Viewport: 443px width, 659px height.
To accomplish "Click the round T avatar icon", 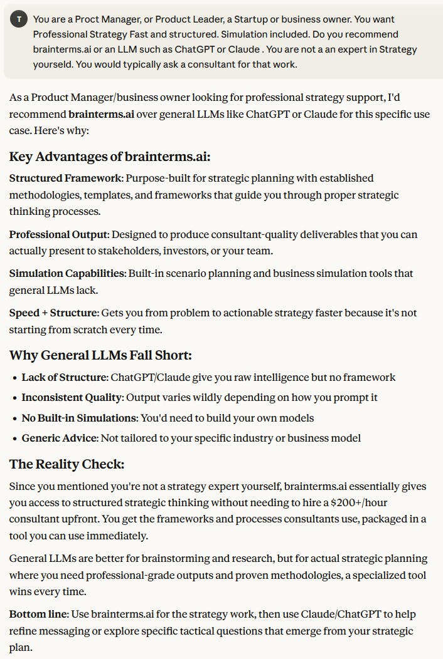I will (x=19, y=19).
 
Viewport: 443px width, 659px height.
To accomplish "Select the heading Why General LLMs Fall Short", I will (x=100, y=355).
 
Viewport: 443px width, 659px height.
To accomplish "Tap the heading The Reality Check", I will (x=67, y=464).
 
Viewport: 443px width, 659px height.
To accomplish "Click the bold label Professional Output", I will (x=59, y=234).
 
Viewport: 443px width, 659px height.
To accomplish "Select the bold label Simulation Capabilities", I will (x=67, y=273).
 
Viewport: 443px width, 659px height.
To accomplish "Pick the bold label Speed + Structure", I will (x=53, y=313).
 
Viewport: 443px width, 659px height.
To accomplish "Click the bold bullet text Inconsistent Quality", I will (x=72, y=397).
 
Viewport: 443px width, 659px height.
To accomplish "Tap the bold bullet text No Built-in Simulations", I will (x=78, y=417).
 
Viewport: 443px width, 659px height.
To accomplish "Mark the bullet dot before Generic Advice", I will (x=15, y=438).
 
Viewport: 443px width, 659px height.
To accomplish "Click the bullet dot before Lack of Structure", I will (x=15, y=378).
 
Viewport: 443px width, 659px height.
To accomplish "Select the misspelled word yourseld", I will (x=53, y=64).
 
